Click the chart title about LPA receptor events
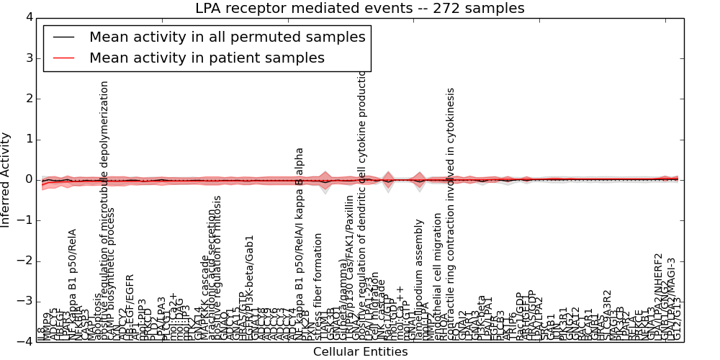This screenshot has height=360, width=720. pos(360,9)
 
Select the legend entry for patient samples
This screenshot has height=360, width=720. pos(207,58)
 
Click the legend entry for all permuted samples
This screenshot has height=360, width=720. pos(228,37)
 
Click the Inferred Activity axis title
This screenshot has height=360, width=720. pos(6,179)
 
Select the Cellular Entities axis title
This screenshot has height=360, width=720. pos(360,352)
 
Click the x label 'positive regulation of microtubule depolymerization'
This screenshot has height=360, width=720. pos(105,209)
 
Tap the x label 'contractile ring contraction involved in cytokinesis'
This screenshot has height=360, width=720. pos(451,212)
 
